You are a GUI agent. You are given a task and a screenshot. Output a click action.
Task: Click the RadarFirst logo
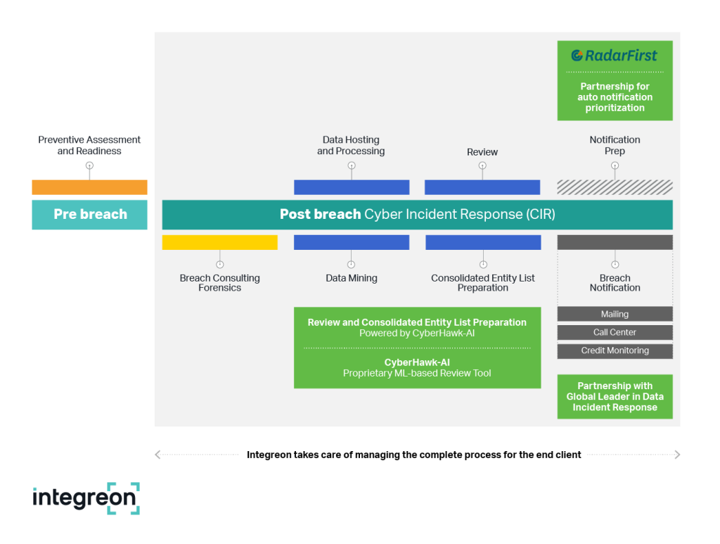pyautogui.click(x=615, y=56)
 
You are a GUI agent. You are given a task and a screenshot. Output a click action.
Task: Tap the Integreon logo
pyautogui.click(x=86, y=498)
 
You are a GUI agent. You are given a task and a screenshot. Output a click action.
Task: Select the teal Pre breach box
pyautogui.click(x=89, y=215)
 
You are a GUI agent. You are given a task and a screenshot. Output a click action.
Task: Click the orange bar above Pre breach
pyautogui.click(x=89, y=187)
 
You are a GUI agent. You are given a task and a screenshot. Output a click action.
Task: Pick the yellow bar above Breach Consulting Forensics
pyautogui.click(x=220, y=242)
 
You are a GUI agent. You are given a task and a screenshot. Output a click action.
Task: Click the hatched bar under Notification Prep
pyautogui.click(x=615, y=187)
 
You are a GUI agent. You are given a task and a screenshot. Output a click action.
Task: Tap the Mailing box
pyautogui.click(x=615, y=315)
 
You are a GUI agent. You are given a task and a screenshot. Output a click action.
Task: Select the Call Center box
pyautogui.click(x=615, y=332)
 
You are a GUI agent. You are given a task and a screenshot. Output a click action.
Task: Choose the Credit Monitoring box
pyautogui.click(x=615, y=350)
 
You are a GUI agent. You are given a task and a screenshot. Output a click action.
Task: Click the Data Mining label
pyautogui.click(x=352, y=278)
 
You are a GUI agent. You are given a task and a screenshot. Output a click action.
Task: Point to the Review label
pyautogui.click(x=482, y=152)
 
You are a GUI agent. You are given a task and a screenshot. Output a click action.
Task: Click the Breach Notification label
pyautogui.click(x=615, y=283)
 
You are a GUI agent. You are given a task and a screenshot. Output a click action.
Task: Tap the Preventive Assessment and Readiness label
pyautogui.click(x=89, y=145)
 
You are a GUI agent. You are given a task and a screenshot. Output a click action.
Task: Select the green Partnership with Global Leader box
pyautogui.click(x=615, y=396)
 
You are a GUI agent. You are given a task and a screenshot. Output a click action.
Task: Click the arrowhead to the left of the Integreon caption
pyautogui.click(x=157, y=455)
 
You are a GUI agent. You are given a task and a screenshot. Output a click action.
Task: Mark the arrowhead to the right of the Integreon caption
pyautogui.click(x=677, y=455)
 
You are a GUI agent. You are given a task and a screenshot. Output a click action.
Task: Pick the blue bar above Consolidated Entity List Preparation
pyautogui.click(x=483, y=242)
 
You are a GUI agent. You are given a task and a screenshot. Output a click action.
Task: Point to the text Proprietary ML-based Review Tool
pyautogui.click(x=417, y=373)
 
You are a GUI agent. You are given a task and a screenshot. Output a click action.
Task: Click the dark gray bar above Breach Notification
pyautogui.click(x=615, y=242)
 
